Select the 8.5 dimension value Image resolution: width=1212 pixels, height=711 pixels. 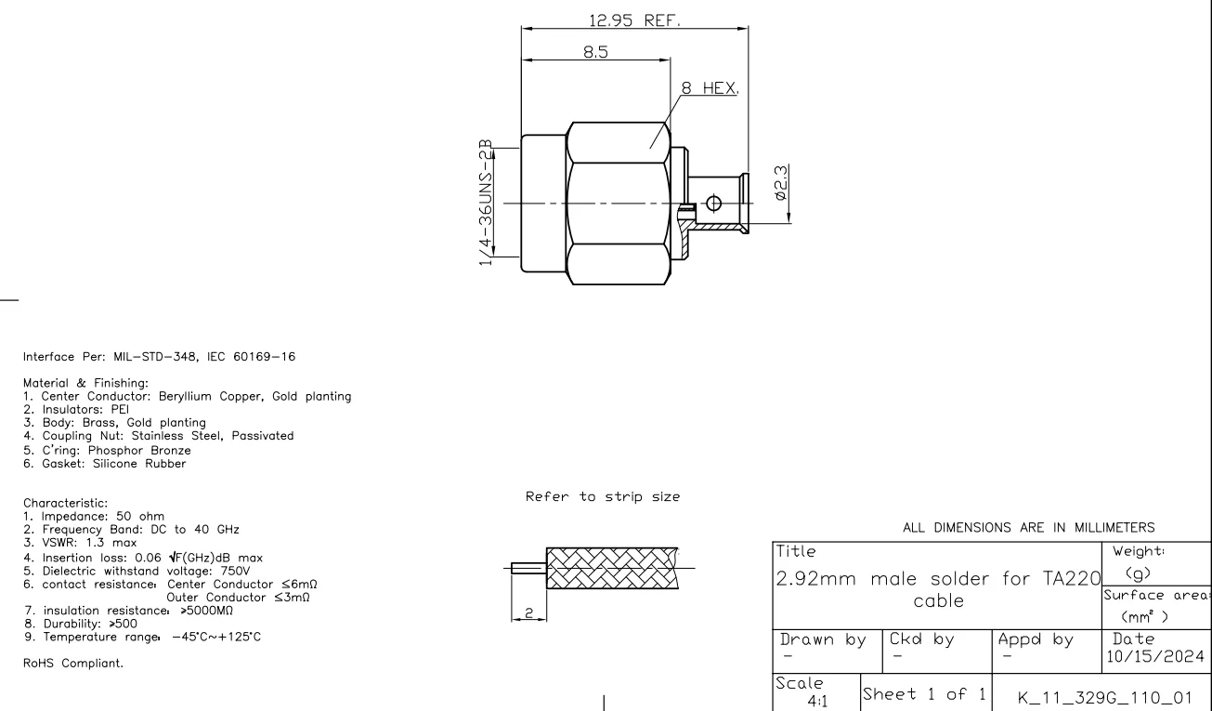coord(595,53)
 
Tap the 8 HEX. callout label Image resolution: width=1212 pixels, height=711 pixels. coord(710,88)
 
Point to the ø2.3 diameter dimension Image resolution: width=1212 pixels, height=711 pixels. coord(781,183)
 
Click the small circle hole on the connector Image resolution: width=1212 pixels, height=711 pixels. coord(713,204)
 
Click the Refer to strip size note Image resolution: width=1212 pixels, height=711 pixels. coord(603,496)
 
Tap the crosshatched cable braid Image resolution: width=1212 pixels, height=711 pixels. coord(608,568)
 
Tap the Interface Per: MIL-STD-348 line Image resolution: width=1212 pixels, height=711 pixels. coord(161,357)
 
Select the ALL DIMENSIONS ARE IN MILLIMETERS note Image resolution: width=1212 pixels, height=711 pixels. coord(1028,527)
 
